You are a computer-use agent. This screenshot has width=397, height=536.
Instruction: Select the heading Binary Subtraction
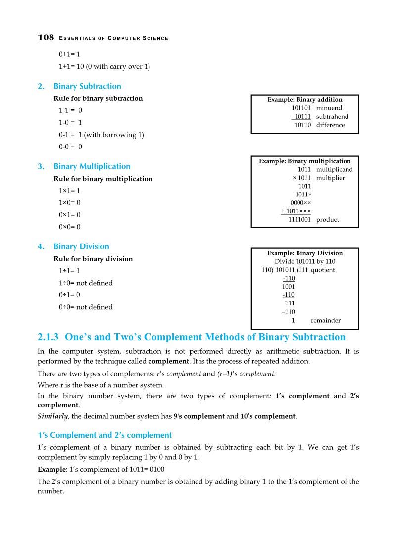tap(87, 86)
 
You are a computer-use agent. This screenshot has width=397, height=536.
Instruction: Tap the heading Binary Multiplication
tap(92, 166)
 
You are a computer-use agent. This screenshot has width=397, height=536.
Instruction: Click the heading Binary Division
tap(81, 246)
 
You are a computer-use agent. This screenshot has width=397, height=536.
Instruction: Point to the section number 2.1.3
tap(49, 337)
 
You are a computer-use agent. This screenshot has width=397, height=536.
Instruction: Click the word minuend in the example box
tap(329, 108)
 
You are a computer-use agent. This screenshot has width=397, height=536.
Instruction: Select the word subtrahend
tap(332, 117)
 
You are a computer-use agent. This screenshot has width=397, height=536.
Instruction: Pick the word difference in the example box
tap(330, 125)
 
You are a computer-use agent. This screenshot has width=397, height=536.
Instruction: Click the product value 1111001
tap(299, 220)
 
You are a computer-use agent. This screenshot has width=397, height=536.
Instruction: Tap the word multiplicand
tap(334, 169)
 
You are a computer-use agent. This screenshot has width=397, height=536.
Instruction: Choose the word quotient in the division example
tap(323, 270)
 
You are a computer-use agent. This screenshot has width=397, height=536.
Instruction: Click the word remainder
tap(325, 320)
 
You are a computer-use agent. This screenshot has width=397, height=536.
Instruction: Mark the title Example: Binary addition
tap(304, 99)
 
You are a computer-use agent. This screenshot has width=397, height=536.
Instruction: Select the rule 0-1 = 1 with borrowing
tap(101, 135)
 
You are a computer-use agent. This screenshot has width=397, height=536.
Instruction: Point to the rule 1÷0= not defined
tap(86, 283)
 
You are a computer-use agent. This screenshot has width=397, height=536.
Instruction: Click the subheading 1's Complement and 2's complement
tap(105, 435)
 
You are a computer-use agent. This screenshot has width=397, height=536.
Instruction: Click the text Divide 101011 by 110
tap(304, 261)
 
